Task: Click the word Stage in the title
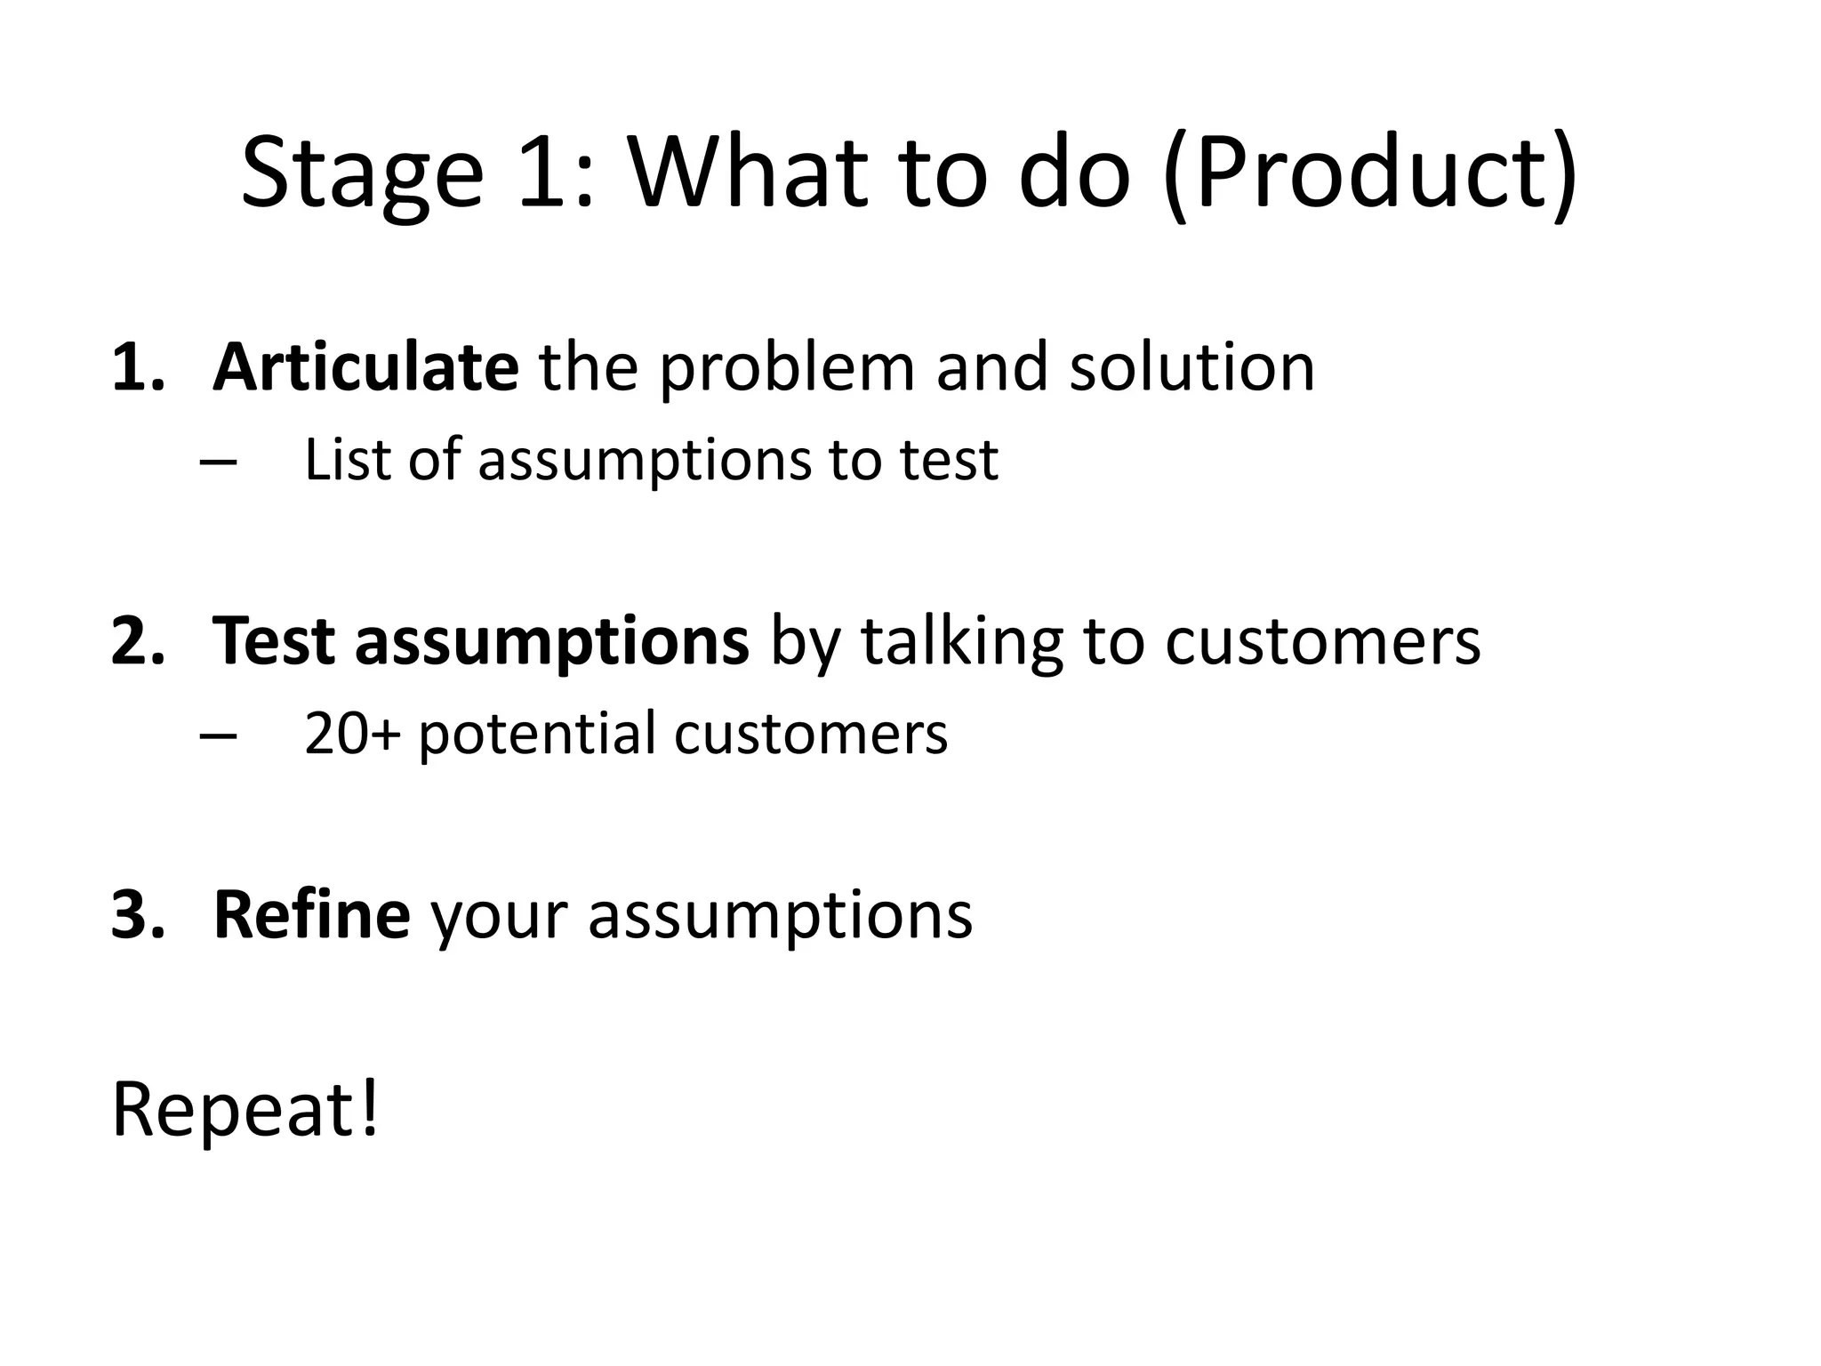pyautogui.click(x=362, y=173)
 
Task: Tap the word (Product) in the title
pyautogui.click(x=1370, y=173)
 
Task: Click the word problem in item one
pyautogui.click(x=787, y=369)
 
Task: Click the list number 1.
pyautogui.click(x=138, y=368)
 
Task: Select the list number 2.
pyautogui.click(x=138, y=641)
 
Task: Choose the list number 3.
pyautogui.click(x=138, y=916)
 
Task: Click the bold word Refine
pyautogui.click(x=311, y=914)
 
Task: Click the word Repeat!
pyautogui.click(x=245, y=1111)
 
